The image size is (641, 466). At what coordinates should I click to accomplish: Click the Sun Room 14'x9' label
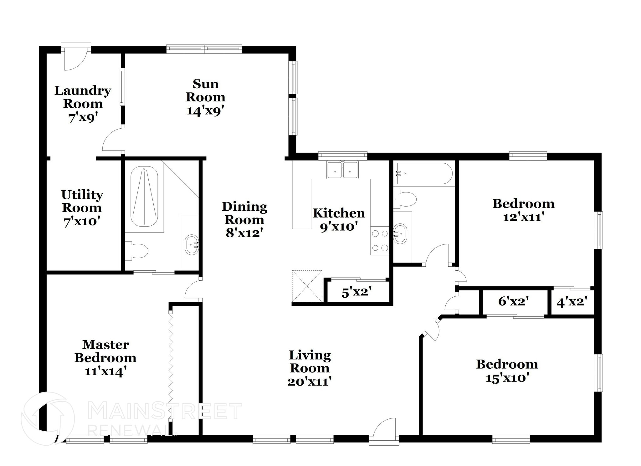coord(205,97)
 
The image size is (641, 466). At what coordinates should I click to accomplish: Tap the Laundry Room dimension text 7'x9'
coord(83,118)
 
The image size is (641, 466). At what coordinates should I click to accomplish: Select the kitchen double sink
coord(342,170)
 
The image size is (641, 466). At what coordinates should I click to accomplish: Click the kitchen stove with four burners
coord(380,241)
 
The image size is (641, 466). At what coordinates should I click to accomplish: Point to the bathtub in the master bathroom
coord(144,197)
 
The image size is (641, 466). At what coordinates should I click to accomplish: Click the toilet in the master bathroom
coord(137,251)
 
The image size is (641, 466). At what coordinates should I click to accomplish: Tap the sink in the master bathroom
coord(192,244)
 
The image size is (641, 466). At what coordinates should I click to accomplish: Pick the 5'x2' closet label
coord(356,293)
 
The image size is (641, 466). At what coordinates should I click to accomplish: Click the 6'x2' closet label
coord(513,301)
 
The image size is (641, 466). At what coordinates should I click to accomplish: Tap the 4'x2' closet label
coord(572,302)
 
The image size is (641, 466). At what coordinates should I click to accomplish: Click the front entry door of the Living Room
coord(384,432)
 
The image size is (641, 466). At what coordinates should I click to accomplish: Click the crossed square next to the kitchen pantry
coord(307,286)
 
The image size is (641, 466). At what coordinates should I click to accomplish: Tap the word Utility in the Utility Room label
coord(82,195)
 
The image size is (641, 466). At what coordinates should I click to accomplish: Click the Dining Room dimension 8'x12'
coord(244,233)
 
